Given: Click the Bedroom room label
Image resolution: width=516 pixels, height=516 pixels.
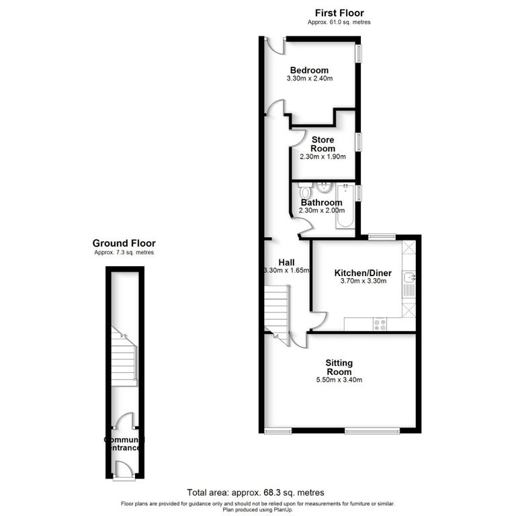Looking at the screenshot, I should point(309,70).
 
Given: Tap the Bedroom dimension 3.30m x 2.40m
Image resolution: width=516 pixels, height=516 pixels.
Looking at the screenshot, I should point(309,79).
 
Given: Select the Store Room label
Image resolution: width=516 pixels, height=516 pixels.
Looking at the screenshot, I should point(322,144).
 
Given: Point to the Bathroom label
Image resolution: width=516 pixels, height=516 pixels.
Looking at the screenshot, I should point(321,202).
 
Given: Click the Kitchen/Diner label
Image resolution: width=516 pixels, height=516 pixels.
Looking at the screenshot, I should point(363,273).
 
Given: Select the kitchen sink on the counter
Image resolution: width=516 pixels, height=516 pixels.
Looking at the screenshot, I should point(408,277).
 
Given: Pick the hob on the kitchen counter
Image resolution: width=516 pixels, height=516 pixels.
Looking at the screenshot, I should point(380,325).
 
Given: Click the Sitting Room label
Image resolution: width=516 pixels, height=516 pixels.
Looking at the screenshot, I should point(339,367).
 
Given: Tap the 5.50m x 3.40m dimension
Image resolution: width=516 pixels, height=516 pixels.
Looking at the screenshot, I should point(339,380).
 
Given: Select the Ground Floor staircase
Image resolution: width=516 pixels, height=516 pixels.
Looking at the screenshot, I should point(124,358).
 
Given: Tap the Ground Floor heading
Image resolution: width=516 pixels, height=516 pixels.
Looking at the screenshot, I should point(124,243).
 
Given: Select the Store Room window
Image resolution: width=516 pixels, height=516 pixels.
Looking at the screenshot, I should point(358,141).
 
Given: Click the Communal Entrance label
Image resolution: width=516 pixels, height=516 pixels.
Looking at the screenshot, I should point(124,443).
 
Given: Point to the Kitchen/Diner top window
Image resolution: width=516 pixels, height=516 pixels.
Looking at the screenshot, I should point(381,235).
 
